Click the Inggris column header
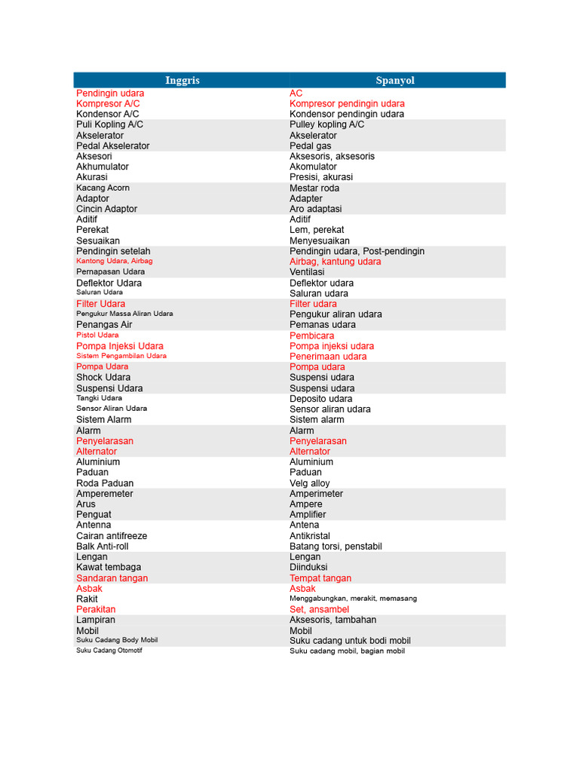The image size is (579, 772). (x=182, y=81)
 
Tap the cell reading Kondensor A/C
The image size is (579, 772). (x=108, y=114)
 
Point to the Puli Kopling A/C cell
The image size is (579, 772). (x=109, y=124)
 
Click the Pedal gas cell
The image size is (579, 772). (x=311, y=146)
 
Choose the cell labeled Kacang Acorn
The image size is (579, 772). (x=103, y=188)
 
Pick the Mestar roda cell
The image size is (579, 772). (x=314, y=188)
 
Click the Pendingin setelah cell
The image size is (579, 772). (x=113, y=251)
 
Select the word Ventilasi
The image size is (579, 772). (x=307, y=271)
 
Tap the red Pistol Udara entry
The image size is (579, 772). (x=97, y=335)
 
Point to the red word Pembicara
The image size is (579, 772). (x=312, y=335)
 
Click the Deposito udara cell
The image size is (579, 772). (x=321, y=399)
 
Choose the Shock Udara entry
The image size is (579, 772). (x=103, y=377)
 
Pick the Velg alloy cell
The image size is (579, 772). (x=310, y=483)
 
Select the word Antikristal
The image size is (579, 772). (x=310, y=536)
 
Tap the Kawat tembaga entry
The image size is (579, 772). (x=109, y=567)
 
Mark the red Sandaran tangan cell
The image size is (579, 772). (x=112, y=578)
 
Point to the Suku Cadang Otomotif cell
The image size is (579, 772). (x=109, y=650)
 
